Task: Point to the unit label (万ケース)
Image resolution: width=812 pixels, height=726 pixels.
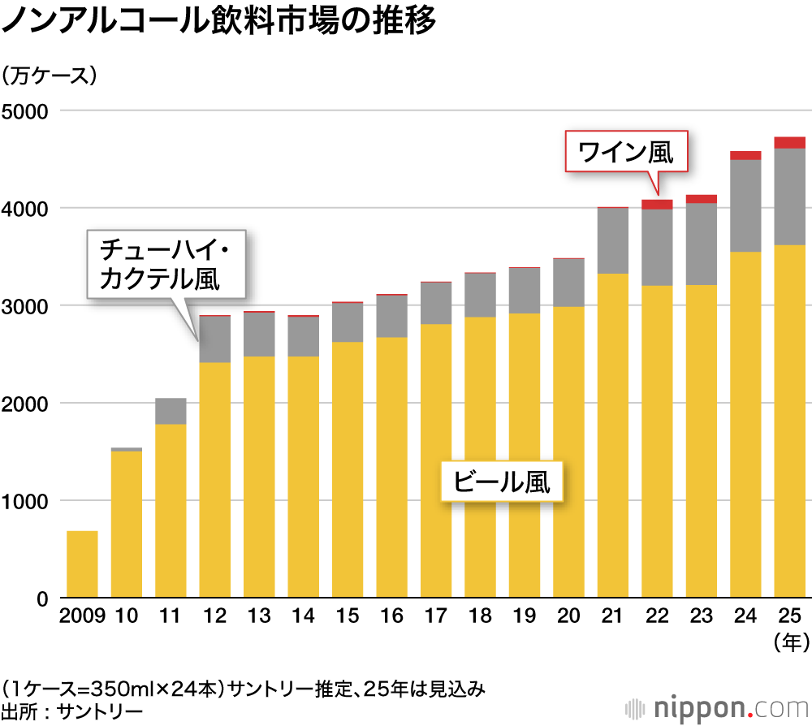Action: pyautogui.click(x=50, y=76)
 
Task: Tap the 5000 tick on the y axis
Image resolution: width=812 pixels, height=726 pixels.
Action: pyautogui.click(x=25, y=110)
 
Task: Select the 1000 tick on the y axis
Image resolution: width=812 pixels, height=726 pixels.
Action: pyautogui.click(x=25, y=501)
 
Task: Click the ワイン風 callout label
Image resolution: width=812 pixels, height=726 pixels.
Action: pyautogui.click(x=626, y=151)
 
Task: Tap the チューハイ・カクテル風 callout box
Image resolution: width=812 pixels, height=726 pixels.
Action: pyautogui.click(x=166, y=262)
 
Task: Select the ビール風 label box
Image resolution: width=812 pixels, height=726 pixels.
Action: pyautogui.click(x=501, y=482)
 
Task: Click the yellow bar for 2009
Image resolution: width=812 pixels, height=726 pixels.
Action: pyautogui.click(x=82, y=564)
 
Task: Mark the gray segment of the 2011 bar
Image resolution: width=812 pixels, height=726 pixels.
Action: pyautogui.click(x=171, y=411)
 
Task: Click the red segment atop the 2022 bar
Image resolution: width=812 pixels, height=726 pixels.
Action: pyautogui.click(x=657, y=205)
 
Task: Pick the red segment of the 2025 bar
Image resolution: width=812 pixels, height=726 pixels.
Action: pyautogui.click(x=790, y=143)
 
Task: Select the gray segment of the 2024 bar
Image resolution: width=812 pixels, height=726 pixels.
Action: pyautogui.click(x=745, y=205)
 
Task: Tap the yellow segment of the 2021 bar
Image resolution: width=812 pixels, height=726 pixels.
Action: pyautogui.click(x=613, y=434)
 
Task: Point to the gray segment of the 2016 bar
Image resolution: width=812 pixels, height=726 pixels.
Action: pyautogui.click(x=391, y=316)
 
